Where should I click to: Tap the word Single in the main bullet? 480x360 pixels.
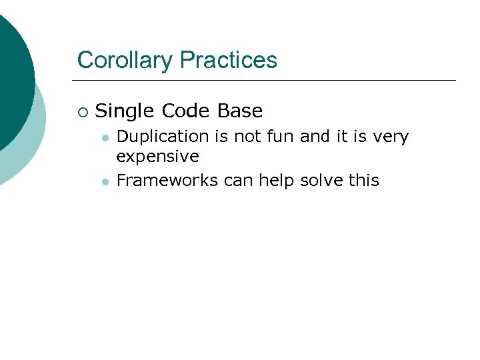click(125, 111)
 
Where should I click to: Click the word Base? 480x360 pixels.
click(240, 111)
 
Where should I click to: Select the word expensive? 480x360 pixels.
click(157, 157)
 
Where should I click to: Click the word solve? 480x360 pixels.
click(323, 180)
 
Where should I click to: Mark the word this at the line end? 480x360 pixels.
click(363, 180)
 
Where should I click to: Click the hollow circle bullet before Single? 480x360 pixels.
click(82, 111)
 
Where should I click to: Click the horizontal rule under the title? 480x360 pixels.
click(267, 81)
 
